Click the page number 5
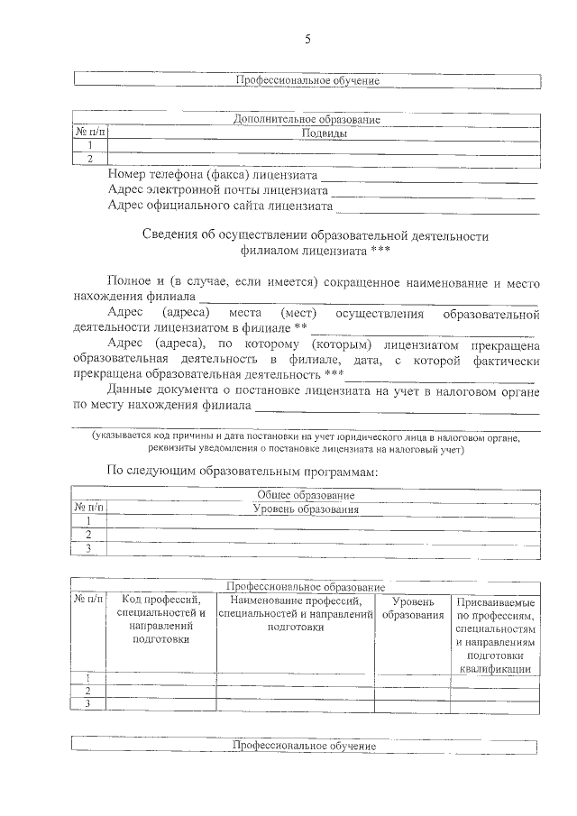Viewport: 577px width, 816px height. [307, 39]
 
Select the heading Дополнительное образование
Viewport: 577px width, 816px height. [307, 120]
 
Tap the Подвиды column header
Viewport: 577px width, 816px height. [324, 133]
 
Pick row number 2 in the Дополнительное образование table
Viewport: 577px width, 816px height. [89, 159]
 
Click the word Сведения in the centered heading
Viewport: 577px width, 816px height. [171, 236]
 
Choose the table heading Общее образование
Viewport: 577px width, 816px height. [306, 495]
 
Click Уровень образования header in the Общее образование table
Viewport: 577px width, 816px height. [306, 509]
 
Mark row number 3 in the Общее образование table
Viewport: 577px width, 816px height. [88, 547]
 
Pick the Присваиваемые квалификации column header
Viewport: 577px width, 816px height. [495, 635]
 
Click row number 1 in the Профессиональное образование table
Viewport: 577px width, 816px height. [88, 678]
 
